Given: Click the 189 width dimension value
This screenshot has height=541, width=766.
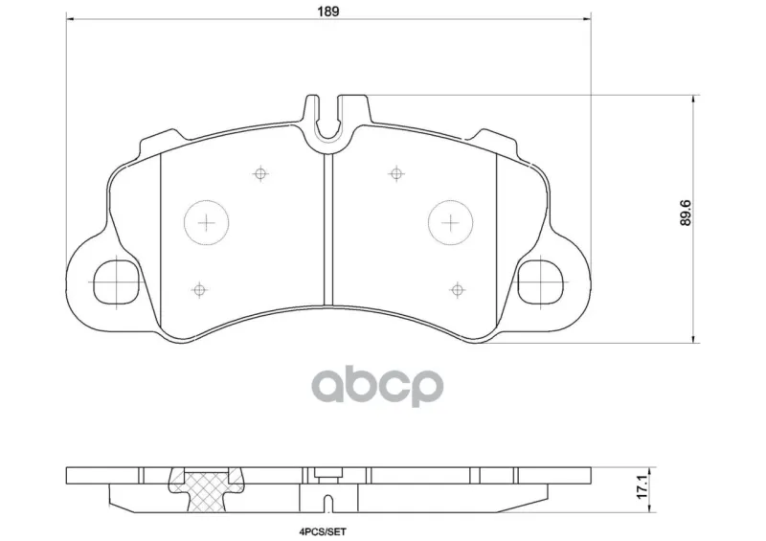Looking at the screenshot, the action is point(327,11).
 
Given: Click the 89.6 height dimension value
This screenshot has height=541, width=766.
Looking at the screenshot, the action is point(687,213).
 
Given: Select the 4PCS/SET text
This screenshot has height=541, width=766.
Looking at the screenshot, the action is point(323,531).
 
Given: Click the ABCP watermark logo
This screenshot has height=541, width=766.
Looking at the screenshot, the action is point(377,386).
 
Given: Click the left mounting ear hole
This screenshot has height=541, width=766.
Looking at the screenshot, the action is point(116,282).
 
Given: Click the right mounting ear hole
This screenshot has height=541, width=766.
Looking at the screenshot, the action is point(541,282).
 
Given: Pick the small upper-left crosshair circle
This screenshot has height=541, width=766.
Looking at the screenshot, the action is point(260,173).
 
